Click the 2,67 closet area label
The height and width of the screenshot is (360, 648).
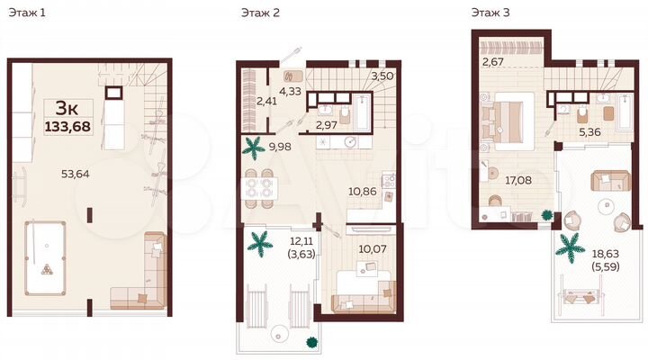pyautogui.click(x=492, y=62)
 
